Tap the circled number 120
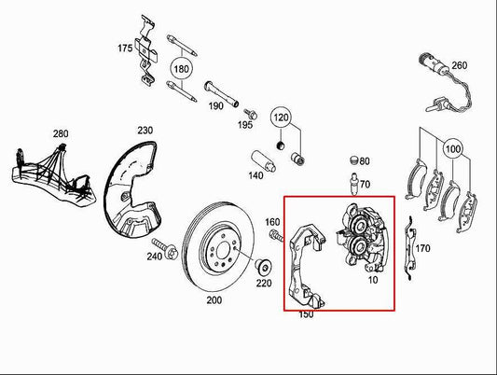click(281, 118)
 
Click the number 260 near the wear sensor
click(459, 65)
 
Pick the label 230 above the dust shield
click(145, 130)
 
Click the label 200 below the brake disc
click(214, 302)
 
